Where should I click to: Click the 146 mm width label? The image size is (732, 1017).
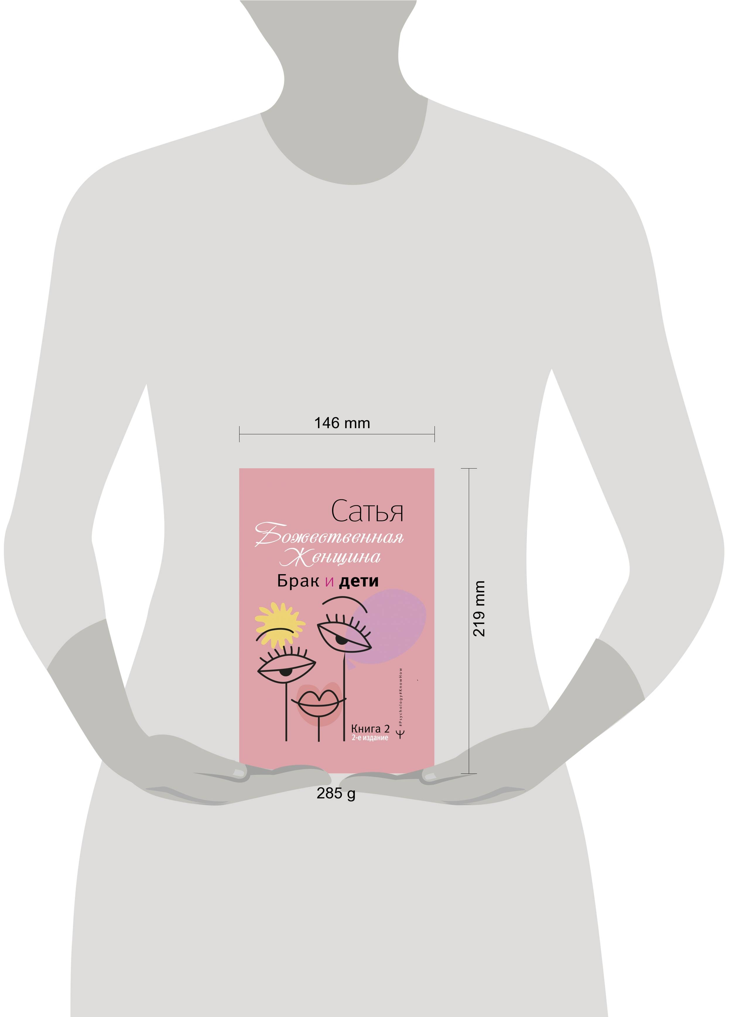pyautogui.click(x=342, y=423)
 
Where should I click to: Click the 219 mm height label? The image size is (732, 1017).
pyautogui.click(x=479, y=608)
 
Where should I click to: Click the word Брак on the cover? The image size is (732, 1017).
pyautogui.click(x=298, y=581)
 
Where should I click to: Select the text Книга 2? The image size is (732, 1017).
pyautogui.click(x=370, y=729)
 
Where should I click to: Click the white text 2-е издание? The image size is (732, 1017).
pyautogui.click(x=370, y=738)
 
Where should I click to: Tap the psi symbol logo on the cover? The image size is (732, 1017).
pyautogui.click(x=401, y=734)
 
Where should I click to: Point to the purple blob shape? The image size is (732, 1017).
pyautogui.click(x=389, y=626)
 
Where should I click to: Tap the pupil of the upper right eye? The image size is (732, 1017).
pyautogui.click(x=342, y=639)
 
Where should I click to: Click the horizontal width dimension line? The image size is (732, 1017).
pyautogui.click(x=337, y=434)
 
